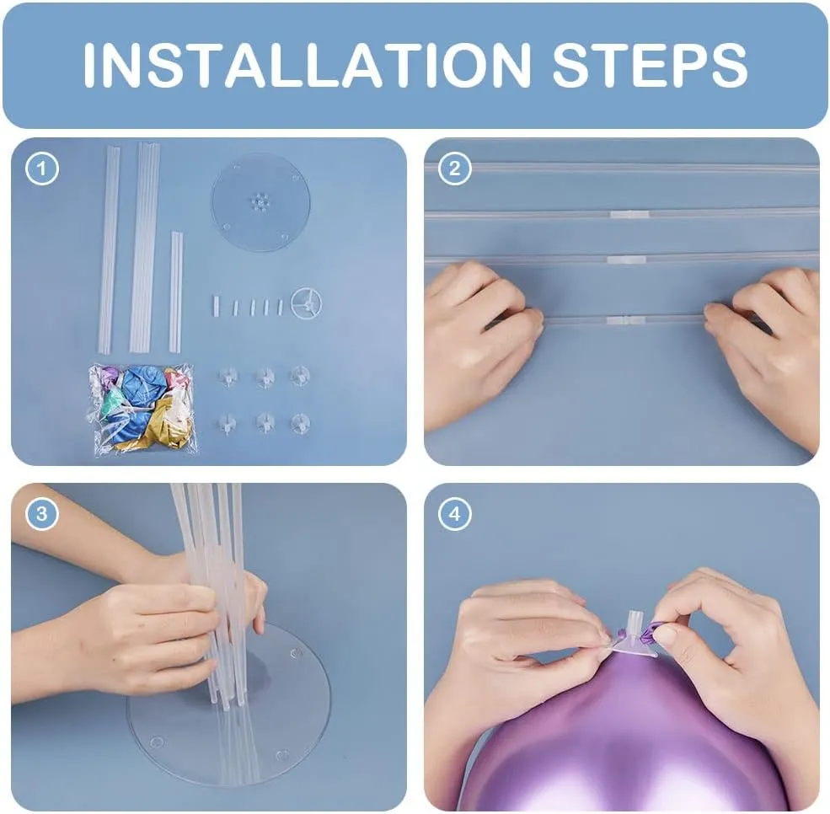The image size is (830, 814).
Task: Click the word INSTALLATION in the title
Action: [x=307, y=65]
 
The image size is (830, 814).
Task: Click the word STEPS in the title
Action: [x=650, y=65]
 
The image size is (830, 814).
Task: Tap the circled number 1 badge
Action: [x=42, y=169]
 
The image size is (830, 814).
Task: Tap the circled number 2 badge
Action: [x=455, y=169]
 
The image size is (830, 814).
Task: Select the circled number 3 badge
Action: [x=42, y=513]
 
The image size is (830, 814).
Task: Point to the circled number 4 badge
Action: [x=455, y=513]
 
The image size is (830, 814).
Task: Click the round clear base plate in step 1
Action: [x=260, y=202]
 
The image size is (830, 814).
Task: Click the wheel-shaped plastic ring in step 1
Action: [x=306, y=303]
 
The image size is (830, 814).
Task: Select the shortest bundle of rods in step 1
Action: [x=176, y=291]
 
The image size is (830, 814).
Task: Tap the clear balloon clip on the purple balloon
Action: [x=635, y=633]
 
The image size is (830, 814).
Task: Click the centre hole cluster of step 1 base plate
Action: [x=260, y=202]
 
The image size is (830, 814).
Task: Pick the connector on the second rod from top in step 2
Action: [x=629, y=214]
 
